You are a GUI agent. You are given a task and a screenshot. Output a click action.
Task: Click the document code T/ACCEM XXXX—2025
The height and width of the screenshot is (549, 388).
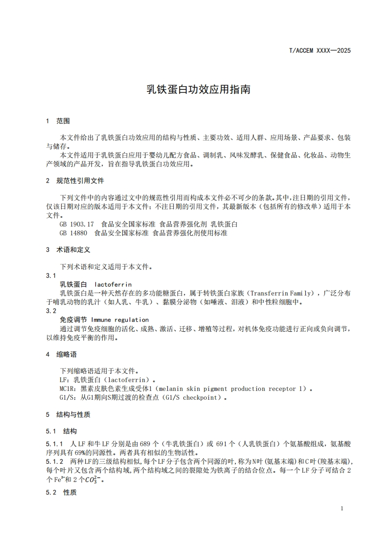tap(320, 50)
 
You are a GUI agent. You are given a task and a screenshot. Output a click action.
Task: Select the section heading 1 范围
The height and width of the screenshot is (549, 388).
tap(58, 120)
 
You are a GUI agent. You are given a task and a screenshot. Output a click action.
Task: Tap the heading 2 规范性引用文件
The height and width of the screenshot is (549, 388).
tap(75, 181)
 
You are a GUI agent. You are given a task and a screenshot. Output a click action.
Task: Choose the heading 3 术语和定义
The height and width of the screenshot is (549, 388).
tap(68, 250)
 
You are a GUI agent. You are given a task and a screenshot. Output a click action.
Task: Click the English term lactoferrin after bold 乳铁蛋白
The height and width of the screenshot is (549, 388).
tap(113, 284)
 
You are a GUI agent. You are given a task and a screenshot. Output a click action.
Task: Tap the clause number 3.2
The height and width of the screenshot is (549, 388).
tap(51, 311)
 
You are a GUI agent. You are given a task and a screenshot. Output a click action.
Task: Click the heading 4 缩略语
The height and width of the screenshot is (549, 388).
tap(61, 354)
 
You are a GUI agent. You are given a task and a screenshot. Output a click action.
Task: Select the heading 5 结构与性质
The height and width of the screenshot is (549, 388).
tap(68, 414)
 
